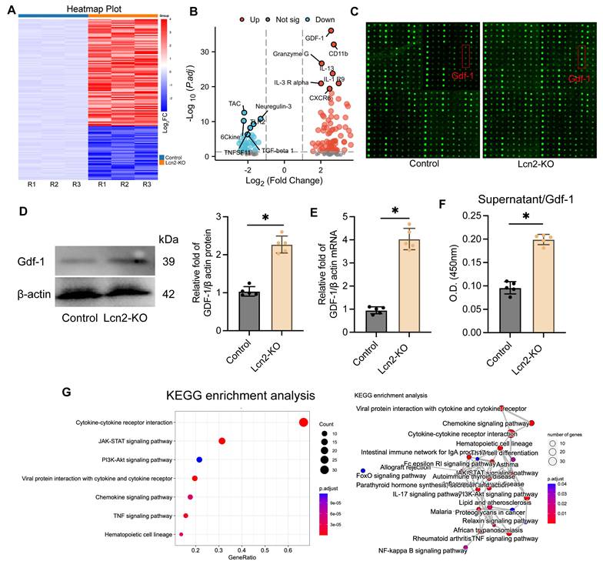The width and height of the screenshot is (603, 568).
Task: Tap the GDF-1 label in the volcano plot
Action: (315, 37)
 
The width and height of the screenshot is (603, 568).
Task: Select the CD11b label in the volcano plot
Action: (339, 53)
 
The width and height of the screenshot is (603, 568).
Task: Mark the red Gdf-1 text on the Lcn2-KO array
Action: (581, 78)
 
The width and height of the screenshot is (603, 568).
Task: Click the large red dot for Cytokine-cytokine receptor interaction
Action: (303, 421)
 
